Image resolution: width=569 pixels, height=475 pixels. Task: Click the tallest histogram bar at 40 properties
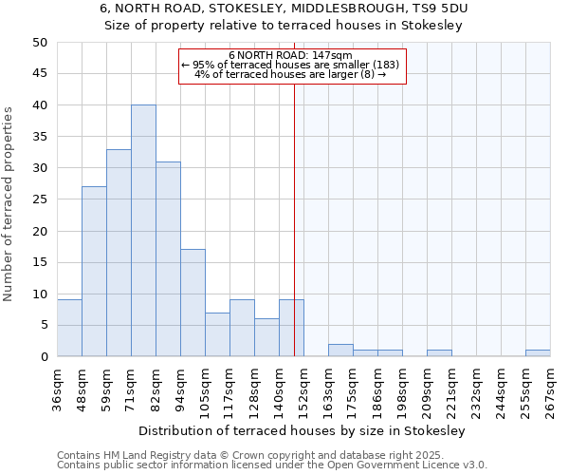pos(143,231)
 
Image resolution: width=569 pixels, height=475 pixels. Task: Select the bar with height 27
pos(94,272)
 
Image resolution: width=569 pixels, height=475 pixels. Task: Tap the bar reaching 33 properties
pos(119,253)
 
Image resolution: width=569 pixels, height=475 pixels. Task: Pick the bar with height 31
pos(168,259)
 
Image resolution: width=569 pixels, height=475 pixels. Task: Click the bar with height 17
pos(193,303)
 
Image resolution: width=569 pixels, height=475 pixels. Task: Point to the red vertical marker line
pos(294,218)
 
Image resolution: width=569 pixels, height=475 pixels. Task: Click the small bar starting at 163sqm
pos(340,351)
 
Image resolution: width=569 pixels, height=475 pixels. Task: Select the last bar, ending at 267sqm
pos(538,353)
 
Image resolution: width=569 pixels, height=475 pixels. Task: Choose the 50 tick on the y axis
pos(39,43)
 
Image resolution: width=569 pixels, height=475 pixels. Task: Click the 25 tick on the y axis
pos(39,199)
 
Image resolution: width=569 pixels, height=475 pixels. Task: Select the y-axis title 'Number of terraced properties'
pos(9,203)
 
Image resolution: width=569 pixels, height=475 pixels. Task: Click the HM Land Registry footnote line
pos(271,456)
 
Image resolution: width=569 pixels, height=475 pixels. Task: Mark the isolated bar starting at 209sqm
pos(439,353)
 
